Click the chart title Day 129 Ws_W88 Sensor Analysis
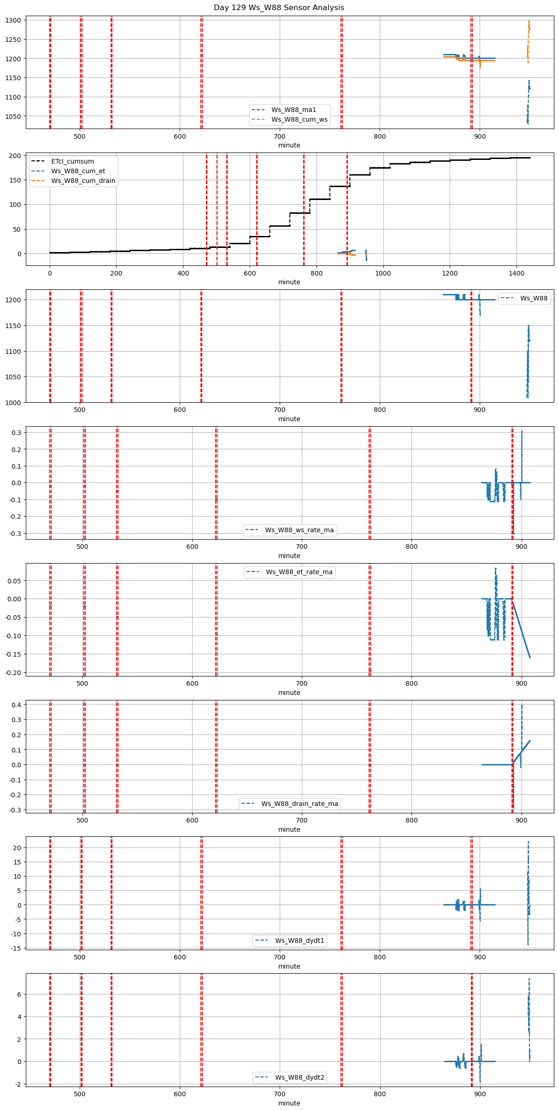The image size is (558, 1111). click(279, 8)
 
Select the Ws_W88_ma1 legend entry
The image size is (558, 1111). click(294, 110)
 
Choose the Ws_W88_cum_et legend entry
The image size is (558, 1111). click(78, 171)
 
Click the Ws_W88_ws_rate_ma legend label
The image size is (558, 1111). click(299, 530)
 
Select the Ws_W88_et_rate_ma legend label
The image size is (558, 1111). click(299, 572)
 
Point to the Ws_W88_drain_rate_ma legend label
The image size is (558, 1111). click(300, 804)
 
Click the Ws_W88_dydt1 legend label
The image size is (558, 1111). click(300, 941)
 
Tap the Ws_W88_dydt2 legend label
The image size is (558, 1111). click(300, 1077)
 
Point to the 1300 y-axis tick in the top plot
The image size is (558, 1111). click(13, 20)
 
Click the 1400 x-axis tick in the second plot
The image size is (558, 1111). click(517, 273)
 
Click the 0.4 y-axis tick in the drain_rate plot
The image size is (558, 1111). click(16, 705)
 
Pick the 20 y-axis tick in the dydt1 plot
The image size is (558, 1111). click(18, 848)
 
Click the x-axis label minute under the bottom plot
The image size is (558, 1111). click(289, 1103)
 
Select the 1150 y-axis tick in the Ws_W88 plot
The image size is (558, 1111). click(13, 326)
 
